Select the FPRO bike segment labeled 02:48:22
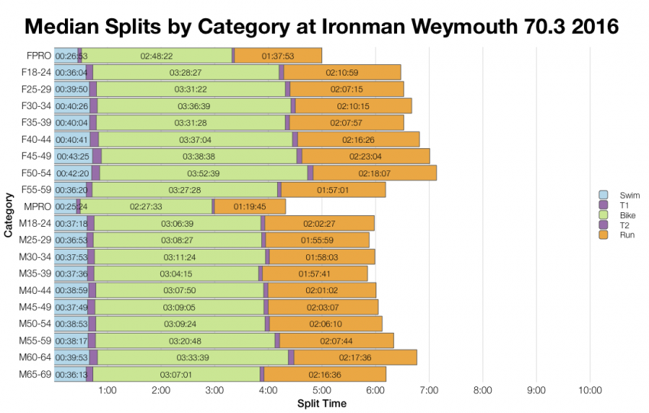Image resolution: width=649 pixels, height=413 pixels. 157,56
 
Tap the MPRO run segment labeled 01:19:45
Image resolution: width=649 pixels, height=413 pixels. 250,206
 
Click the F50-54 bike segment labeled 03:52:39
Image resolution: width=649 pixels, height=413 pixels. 198,173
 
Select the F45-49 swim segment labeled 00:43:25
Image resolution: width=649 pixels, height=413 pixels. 73,156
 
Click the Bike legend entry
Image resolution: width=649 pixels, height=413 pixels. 618,215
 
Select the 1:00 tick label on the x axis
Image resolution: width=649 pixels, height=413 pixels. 107,391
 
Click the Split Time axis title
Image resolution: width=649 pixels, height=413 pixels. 321,403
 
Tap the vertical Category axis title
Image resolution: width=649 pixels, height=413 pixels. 8,215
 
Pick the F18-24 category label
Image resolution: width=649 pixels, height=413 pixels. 35,73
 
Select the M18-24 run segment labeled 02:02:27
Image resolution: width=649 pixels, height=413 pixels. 319,224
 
